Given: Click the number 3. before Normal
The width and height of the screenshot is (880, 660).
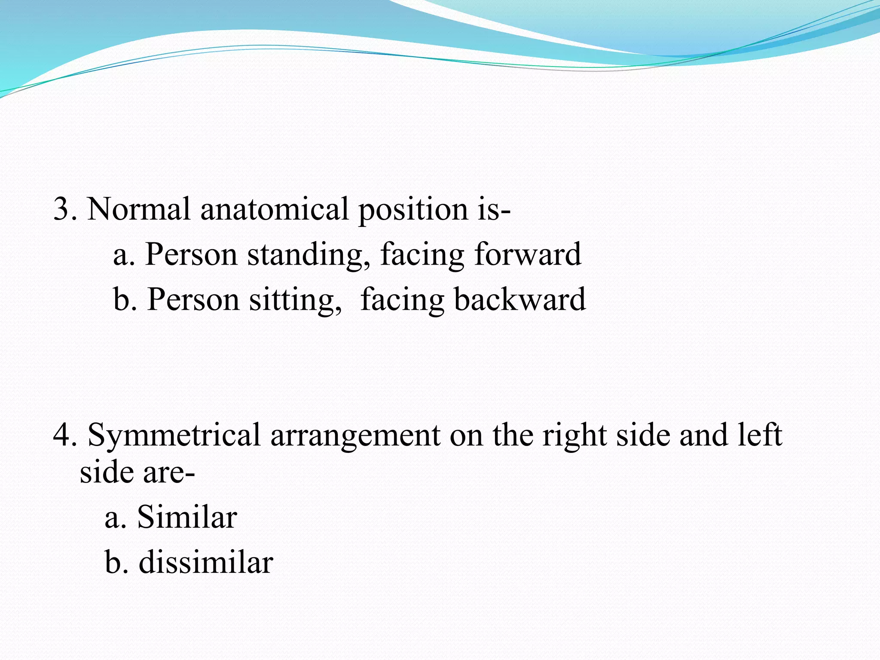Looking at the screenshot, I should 65,209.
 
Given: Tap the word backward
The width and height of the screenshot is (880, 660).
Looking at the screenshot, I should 520,299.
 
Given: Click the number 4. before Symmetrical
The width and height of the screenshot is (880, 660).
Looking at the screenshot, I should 65,435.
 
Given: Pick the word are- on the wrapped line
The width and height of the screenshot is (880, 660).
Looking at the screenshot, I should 169,473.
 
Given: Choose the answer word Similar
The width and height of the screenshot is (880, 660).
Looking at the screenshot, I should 187,517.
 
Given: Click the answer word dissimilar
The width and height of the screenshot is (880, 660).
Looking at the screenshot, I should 206,562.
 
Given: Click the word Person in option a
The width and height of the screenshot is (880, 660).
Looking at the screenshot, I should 191,255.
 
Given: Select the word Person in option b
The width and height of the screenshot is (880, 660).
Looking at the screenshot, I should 193,299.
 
